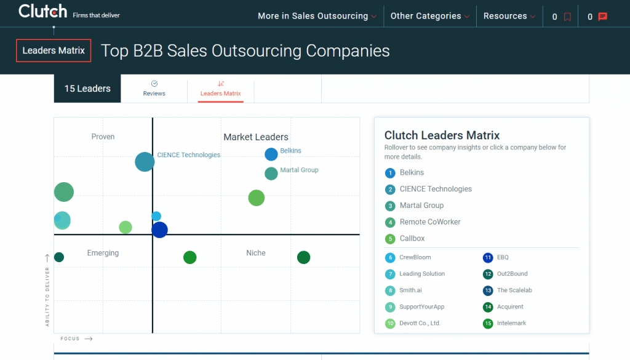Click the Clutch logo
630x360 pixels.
click(x=42, y=11)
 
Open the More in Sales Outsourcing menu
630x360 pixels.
click(x=317, y=16)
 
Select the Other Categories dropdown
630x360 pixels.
click(x=430, y=16)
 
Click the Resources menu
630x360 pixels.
click(x=509, y=16)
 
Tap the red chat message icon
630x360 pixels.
click(x=602, y=17)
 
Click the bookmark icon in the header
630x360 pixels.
click(x=567, y=17)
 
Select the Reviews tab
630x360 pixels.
click(x=154, y=89)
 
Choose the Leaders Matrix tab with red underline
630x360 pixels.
click(x=221, y=89)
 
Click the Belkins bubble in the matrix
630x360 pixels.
click(x=271, y=154)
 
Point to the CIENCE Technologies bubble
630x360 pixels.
click(x=145, y=162)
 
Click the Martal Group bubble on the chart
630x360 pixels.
click(x=271, y=174)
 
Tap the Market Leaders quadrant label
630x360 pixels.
click(x=256, y=137)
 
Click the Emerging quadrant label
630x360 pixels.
click(x=103, y=253)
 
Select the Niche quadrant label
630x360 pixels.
click(x=256, y=253)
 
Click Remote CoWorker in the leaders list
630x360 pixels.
click(x=430, y=222)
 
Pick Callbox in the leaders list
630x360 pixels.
click(x=412, y=238)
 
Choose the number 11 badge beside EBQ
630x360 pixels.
click(x=488, y=258)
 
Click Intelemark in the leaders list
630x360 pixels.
click(x=511, y=323)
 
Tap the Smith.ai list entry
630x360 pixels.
click(x=410, y=290)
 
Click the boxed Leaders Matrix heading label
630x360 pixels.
click(x=54, y=50)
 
